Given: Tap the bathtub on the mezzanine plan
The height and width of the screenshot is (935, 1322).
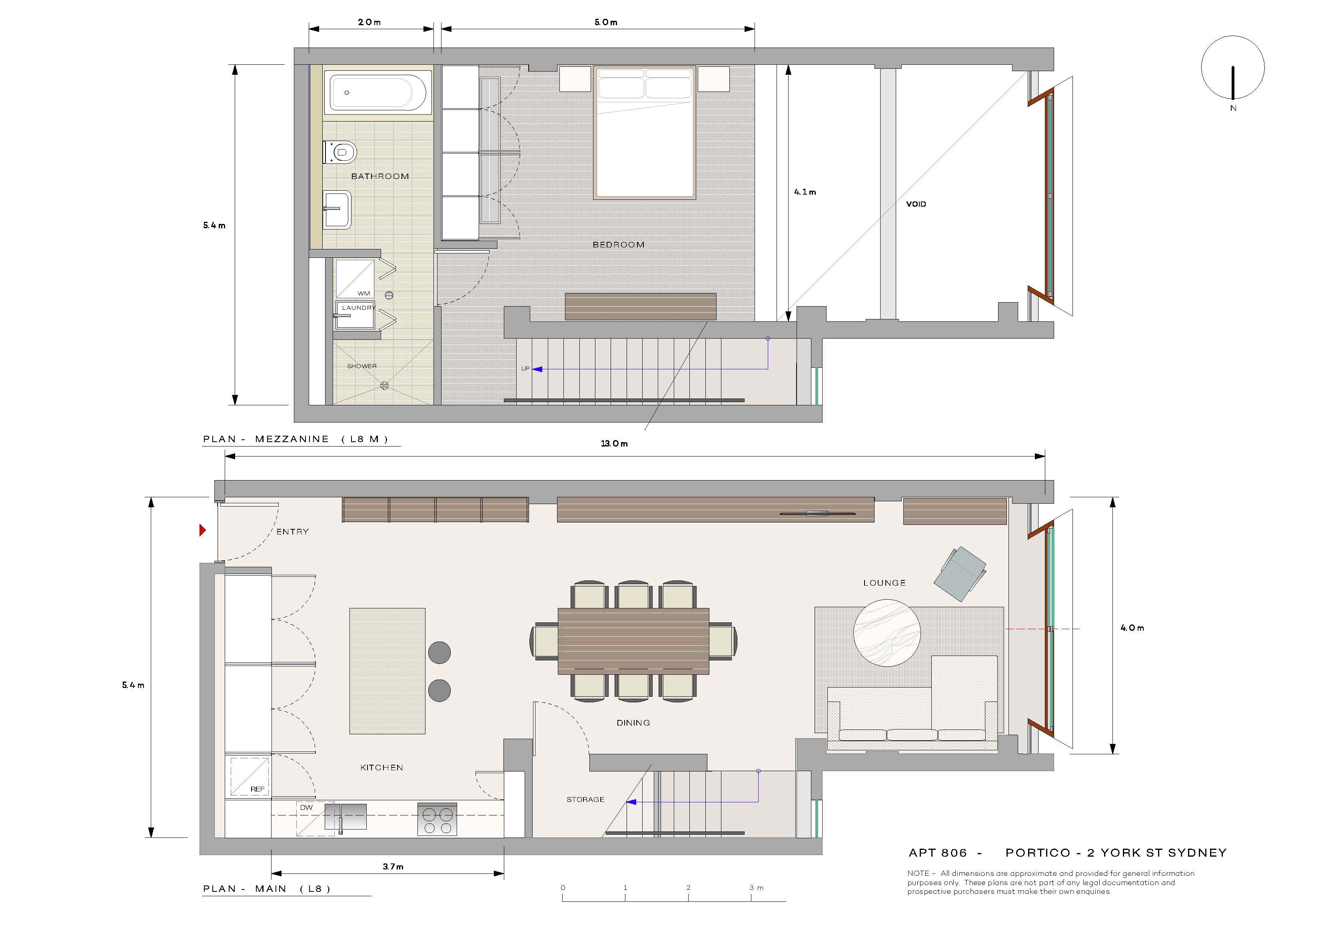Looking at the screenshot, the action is pyautogui.click(x=378, y=92).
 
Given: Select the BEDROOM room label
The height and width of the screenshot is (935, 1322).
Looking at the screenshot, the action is pyautogui.click(x=618, y=245).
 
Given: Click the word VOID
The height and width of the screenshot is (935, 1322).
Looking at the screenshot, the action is pyautogui.click(x=916, y=204).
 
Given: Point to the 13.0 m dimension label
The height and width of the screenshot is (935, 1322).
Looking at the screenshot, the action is pyautogui.click(x=614, y=443).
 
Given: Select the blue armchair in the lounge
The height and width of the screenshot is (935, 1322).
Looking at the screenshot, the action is pyautogui.click(x=960, y=574).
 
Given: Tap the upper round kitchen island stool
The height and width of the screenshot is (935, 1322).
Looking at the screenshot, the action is pyautogui.click(x=439, y=653).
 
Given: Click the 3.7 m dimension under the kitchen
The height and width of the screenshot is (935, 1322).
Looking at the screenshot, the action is pyautogui.click(x=393, y=867).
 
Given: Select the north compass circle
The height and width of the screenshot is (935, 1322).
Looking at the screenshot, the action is pyautogui.click(x=1233, y=68).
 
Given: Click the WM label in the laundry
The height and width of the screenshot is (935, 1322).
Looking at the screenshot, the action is pyautogui.click(x=364, y=294).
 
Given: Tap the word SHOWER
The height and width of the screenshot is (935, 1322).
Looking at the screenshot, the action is pyautogui.click(x=361, y=366).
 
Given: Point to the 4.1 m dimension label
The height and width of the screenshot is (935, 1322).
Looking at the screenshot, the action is pyautogui.click(x=805, y=192).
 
